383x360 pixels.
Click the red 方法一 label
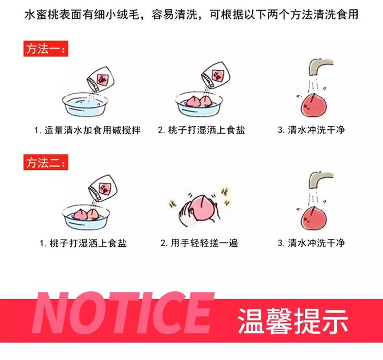(46, 49)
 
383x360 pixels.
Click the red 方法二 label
(46, 162)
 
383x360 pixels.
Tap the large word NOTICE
(122, 313)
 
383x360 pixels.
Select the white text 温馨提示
(293, 321)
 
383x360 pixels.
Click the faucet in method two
(321, 180)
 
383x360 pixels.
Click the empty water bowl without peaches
(85, 105)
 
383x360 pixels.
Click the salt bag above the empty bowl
(100, 79)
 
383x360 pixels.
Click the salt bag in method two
(103, 188)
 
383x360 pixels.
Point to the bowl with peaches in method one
(199, 104)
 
